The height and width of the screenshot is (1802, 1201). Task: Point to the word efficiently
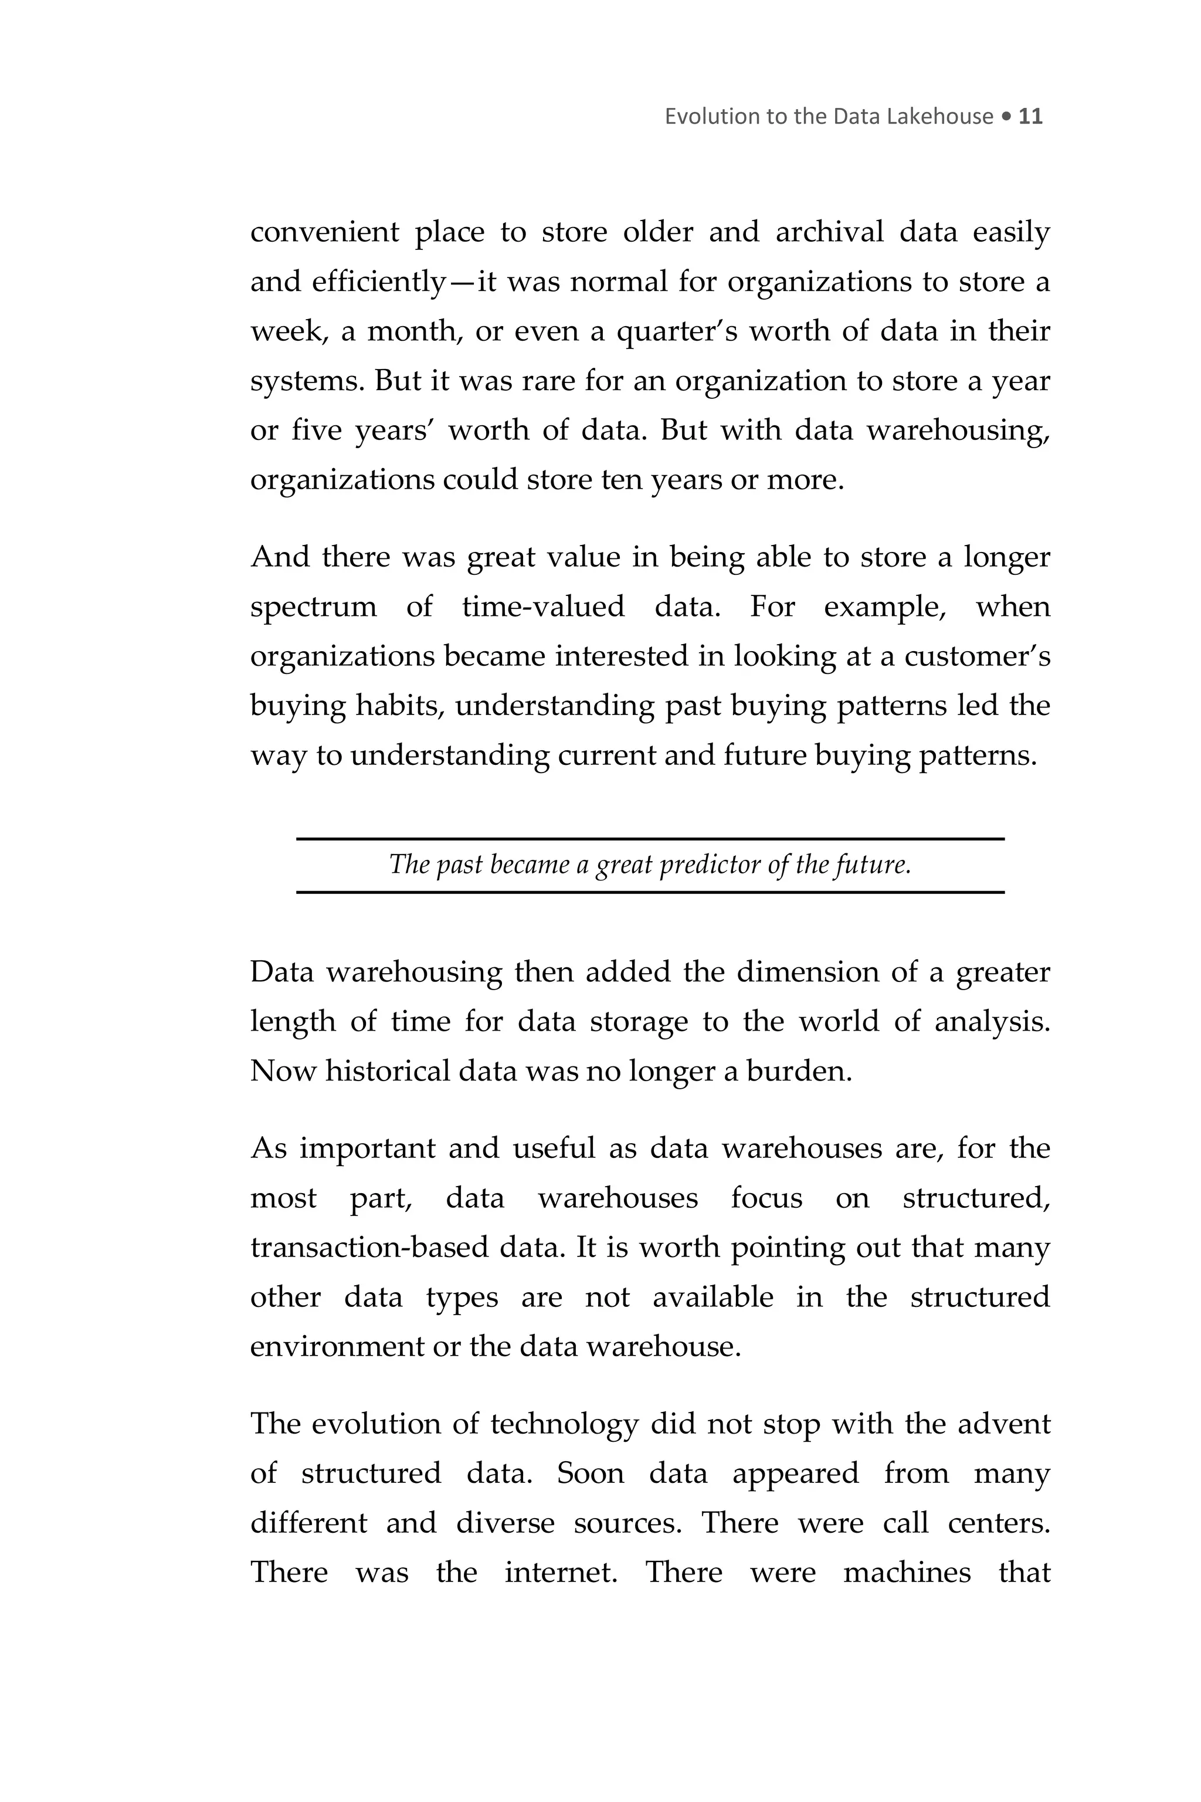[x=378, y=282]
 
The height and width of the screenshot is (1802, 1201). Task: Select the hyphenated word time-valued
[x=543, y=607]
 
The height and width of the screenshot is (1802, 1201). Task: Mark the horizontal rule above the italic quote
[x=650, y=839]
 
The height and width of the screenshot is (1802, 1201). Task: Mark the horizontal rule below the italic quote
[x=650, y=892]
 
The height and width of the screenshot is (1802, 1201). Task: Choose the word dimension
[x=806, y=971]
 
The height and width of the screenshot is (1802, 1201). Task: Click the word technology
[x=564, y=1424]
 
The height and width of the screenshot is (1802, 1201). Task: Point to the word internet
[x=560, y=1572]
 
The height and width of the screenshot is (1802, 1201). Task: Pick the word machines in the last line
[x=907, y=1572]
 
